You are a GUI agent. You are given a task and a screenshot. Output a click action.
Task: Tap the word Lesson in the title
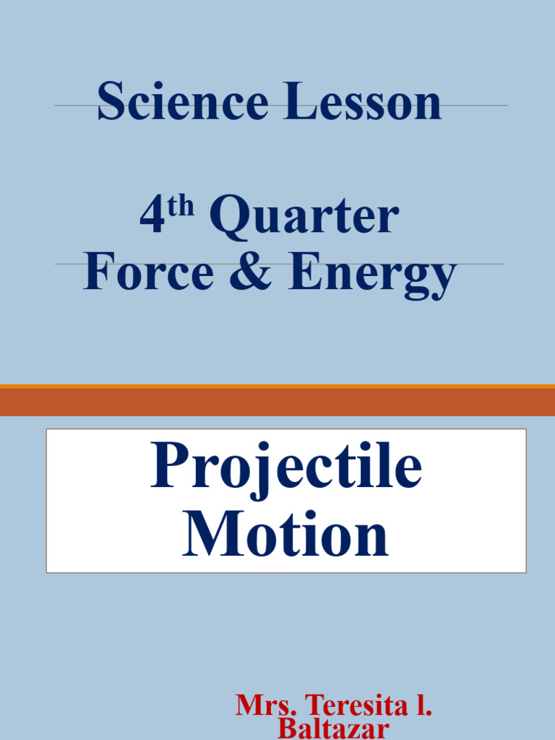362,102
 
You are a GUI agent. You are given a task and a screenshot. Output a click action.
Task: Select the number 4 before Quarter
152,217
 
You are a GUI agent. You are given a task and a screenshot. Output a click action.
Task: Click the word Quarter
304,217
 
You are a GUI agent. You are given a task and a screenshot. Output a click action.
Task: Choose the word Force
149,273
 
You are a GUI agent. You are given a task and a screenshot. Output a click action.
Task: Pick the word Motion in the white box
286,535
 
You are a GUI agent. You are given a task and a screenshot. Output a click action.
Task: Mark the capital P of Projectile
169,467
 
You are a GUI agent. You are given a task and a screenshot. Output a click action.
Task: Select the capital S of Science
111,102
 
